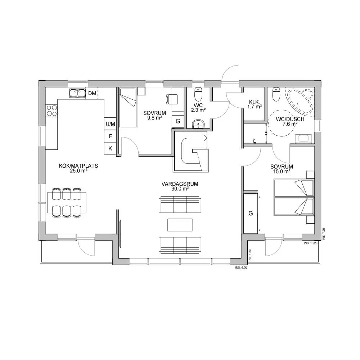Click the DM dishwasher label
pos(92,93)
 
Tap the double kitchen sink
pos(77,93)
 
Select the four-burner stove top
pos(51,111)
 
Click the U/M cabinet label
pos(110,124)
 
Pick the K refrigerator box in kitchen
pos(110,148)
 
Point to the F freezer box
pos(110,136)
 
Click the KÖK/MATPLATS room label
pos(78,166)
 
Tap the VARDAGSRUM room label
pos(180,184)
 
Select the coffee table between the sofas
pos(180,225)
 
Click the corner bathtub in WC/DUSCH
pos(300,101)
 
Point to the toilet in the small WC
pos(198,94)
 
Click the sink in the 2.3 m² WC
pos(198,124)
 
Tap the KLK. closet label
pos(255,102)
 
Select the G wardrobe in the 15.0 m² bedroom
pos(251,213)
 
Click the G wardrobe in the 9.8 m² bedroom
pos(178,121)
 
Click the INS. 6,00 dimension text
pos(241,267)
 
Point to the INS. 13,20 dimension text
pos(311,243)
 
